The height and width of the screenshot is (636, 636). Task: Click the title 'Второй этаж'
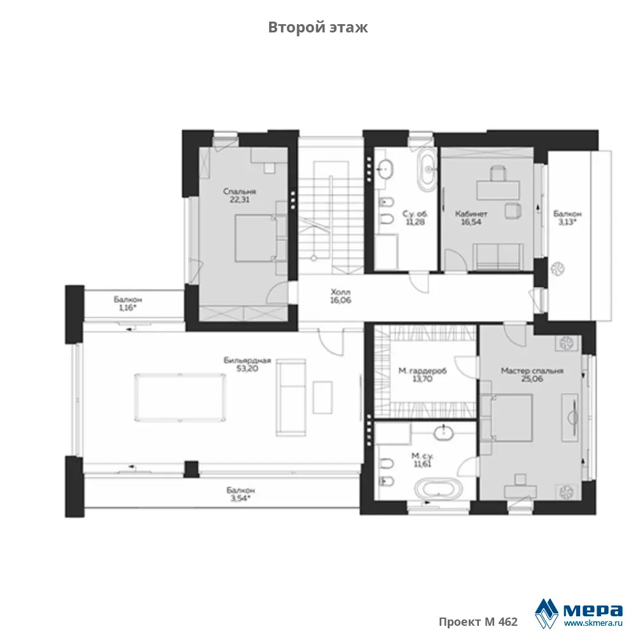coord(318,27)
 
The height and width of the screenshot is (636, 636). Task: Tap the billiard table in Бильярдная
coord(180,398)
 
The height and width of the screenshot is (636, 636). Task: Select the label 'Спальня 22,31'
coord(240,195)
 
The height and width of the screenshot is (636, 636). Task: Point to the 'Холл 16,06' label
coord(341,296)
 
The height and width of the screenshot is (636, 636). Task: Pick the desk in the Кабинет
coord(498,190)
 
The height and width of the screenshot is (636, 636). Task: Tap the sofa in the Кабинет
coord(498,256)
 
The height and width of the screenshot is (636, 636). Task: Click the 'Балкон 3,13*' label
coord(567,218)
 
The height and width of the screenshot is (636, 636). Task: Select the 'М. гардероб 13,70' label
coord(422,375)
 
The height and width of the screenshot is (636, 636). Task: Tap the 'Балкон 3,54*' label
coord(240,494)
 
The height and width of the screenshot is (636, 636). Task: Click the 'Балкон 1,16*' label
coord(128,304)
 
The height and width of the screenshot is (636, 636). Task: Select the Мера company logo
coord(579,612)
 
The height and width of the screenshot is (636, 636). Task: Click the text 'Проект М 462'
coord(478,621)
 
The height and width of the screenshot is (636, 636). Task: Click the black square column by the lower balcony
coord(191,469)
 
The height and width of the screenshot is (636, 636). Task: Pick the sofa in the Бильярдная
coord(291,397)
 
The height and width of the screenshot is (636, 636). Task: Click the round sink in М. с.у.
coord(444,432)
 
